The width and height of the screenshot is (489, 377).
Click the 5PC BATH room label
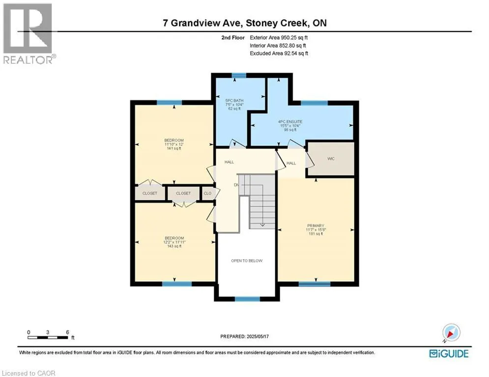[234, 105]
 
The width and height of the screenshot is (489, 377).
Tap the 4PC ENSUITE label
[290, 126]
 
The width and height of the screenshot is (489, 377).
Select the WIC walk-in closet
[331, 159]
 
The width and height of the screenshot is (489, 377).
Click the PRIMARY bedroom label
[316, 230]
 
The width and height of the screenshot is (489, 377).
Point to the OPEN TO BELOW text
[247, 261]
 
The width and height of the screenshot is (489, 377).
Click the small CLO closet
[207, 193]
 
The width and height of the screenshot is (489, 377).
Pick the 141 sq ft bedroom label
[174, 144]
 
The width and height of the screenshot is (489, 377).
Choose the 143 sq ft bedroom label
[174, 242]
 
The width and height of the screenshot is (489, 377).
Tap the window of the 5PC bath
[239, 75]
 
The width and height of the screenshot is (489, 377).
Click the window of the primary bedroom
[315, 284]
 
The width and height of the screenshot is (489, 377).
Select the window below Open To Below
[247, 299]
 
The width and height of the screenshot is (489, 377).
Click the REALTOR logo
[28, 34]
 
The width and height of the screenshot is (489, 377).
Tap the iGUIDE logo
[449, 353]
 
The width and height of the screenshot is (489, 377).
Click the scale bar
[48, 337]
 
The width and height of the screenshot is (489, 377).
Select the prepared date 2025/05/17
[245, 336]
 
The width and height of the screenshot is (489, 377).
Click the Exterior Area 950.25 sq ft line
[279, 38]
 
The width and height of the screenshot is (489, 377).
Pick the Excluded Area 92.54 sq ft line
[279, 54]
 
